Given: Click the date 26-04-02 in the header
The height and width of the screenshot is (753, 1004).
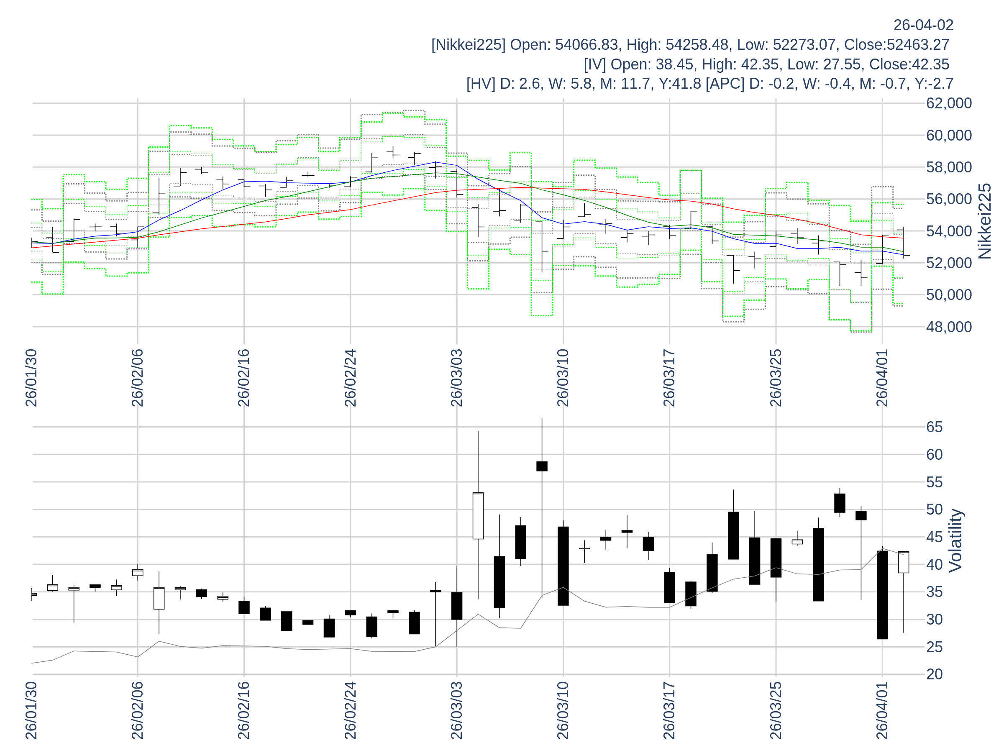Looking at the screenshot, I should (x=923, y=26).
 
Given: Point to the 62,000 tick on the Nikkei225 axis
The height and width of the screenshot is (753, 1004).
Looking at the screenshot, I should (x=949, y=103).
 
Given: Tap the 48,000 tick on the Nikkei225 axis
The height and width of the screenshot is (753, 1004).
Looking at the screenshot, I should (x=949, y=327).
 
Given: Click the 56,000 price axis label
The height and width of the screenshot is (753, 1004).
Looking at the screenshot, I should (x=949, y=199).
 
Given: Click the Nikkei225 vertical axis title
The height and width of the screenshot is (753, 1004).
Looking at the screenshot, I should (x=985, y=221).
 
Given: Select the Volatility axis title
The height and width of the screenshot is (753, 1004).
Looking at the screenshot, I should (x=955, y=540).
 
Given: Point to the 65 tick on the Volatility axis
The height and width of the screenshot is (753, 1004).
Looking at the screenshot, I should (x=935, y=427).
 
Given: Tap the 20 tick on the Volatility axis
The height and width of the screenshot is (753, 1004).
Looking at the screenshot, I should (x=935, y=674).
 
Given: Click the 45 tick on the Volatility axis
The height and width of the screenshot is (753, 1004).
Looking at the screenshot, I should (x=935, y=538).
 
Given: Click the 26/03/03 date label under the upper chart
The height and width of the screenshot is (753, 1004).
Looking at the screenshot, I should (x=457, y=378).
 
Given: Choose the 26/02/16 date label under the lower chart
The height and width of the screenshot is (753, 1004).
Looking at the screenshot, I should (x=244, y=710).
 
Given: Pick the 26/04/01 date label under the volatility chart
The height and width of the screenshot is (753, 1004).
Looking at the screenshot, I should (x=882, y=710).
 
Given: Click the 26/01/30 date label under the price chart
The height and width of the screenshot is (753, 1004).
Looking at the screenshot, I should (x=31, y=378).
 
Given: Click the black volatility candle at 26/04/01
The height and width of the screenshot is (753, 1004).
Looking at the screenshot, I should (x=882, y=594).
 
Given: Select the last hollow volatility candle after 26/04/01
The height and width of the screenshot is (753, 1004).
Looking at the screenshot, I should (x=904, y=562).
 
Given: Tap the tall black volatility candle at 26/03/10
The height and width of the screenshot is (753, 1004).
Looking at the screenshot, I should (x=563, y=566).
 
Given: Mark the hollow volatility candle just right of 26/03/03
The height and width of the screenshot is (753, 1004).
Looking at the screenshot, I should (x=478, y=516).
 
